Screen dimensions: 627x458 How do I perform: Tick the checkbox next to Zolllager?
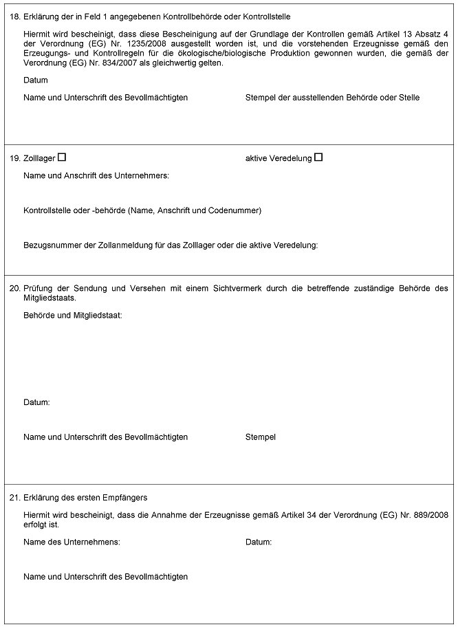coord(62,157)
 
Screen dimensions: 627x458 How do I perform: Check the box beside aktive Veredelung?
coord(318,157)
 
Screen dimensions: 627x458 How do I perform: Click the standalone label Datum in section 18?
coord(36,80)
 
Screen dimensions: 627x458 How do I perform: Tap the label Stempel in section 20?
coord(261,437)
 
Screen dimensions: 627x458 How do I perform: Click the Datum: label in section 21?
coord(259,542)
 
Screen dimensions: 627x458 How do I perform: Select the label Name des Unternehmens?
coord(72,542)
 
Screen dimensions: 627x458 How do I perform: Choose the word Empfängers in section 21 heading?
coord(125,497)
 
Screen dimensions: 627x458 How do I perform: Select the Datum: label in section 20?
coord(36,402)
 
